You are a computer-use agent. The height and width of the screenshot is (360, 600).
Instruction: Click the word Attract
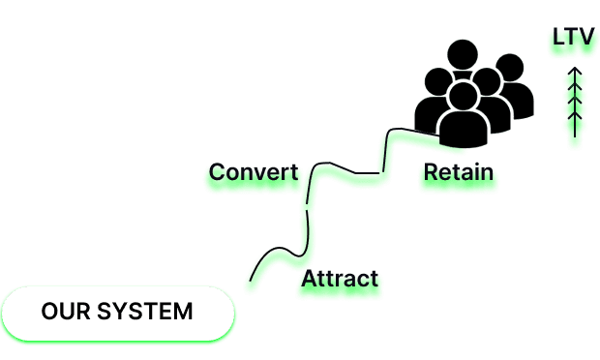[340, 279]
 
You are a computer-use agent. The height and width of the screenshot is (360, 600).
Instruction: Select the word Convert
[254, 172]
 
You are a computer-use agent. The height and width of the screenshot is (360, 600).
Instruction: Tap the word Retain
[459, 172]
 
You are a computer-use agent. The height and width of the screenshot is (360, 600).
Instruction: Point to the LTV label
[573, 37]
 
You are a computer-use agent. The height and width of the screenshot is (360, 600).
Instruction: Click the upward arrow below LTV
[575, 102]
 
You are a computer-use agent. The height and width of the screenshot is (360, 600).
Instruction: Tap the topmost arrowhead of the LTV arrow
[575, 72]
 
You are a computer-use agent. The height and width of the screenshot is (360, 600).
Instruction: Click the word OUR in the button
[66, 311]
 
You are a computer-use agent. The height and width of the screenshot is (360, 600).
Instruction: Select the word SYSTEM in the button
[144, 311]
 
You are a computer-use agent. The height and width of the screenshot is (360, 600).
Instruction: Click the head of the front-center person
[464, 96]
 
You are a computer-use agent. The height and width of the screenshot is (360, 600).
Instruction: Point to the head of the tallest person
[463, 54]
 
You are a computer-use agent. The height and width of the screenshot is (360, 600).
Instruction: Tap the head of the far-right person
[509, 68]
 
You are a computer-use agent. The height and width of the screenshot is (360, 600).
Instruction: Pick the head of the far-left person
[438, 81]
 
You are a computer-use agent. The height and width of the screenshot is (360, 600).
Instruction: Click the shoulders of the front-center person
[464, 130]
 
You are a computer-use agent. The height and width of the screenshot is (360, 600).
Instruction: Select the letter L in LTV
[559, 37]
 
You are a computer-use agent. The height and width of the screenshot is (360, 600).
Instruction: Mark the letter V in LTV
[587, 37]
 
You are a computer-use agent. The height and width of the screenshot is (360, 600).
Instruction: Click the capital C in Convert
[217, 172]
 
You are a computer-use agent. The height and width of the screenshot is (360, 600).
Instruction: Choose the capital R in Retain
[431, 172]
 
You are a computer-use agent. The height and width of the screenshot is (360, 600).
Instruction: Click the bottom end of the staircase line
[251, 281]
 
